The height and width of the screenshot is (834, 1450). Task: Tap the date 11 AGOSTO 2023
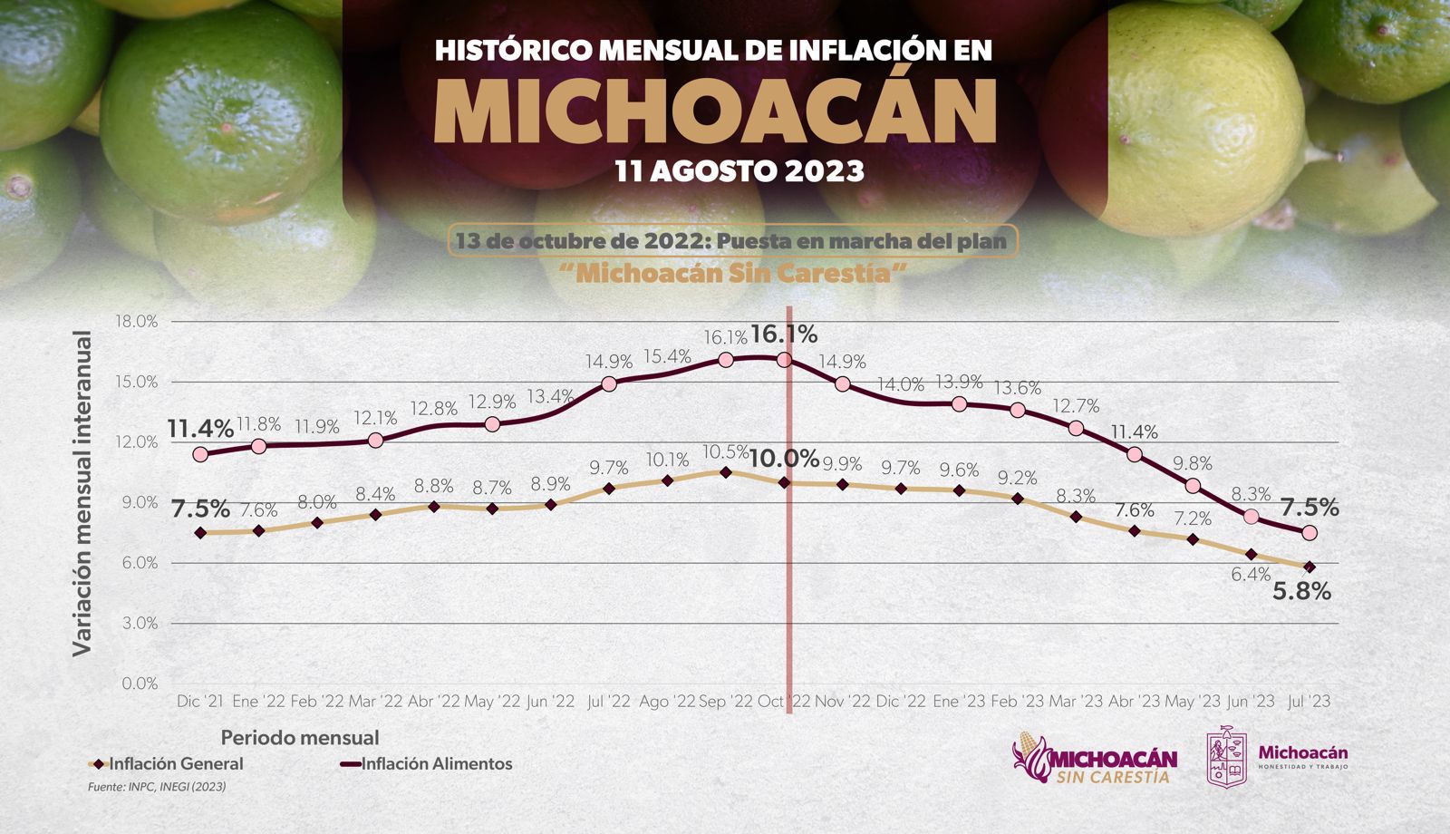pyautogui.click(x=739, y=170)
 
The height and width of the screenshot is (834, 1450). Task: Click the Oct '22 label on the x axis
pyautogui.click(x=784, y=702)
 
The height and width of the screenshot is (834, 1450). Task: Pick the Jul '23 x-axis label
pyautogui.click(x=1309, y=702)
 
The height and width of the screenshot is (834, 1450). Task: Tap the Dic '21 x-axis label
pyautogui.click(x=200, y=702)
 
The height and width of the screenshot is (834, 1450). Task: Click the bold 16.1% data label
pyautogui.click(x=784, y=335)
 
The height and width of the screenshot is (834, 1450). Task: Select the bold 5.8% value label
pyautogui.click(x=1302, y=592)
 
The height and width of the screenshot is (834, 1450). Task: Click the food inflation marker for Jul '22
pyautogui.click(x=609, y=383)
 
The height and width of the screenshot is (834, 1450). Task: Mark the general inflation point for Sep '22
pyautogui.click(x=725, y=472)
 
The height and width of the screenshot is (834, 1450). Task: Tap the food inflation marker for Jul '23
pyautogui.click(x=1309, y=533)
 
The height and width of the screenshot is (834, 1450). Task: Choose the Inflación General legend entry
pyautogui.click(x=168, y=764)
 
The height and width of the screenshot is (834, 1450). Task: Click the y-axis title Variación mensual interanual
pyautogui.click(x=82, y=494)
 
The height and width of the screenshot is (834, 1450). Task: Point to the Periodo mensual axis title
pyautogui.click(x=300, y=738)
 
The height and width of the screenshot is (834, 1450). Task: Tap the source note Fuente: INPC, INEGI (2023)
pyautogui.click(x=157, y=788)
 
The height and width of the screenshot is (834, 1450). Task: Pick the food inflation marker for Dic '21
pyautogui.click(x=200, y=454)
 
